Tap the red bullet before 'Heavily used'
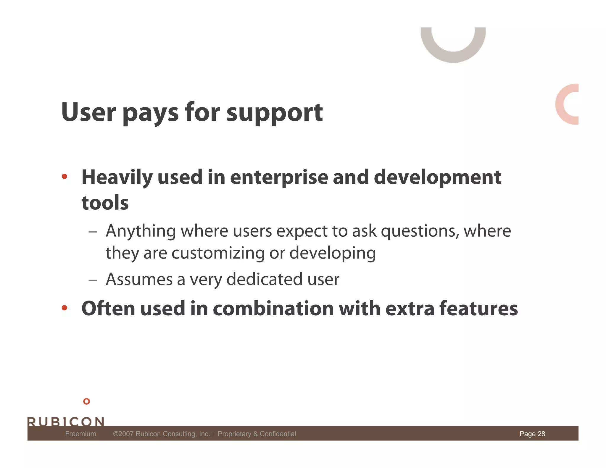[x=65, y=177]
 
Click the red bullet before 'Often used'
[x=65, y=308]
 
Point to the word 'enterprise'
[x=279, y=177]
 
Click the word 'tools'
[x=105, y=203]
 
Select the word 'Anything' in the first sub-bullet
[x=141, y=231]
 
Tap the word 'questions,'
[x=420, y=231]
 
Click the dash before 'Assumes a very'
[x=93, y=280]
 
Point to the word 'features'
[x=478, y=309]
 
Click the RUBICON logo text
[x=66, y=421]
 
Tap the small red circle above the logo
[x=86, y=401]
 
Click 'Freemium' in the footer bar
[x=80, y=434]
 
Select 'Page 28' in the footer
[x=532, y=434]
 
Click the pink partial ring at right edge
[x=562, y=104]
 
